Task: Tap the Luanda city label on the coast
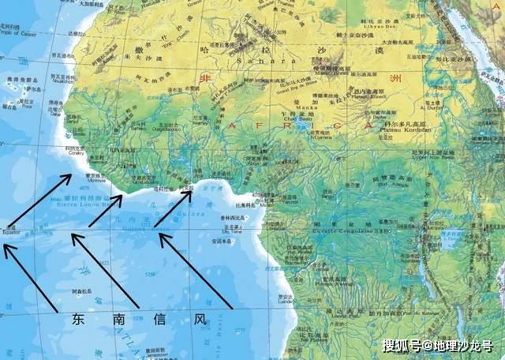[286, 301]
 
